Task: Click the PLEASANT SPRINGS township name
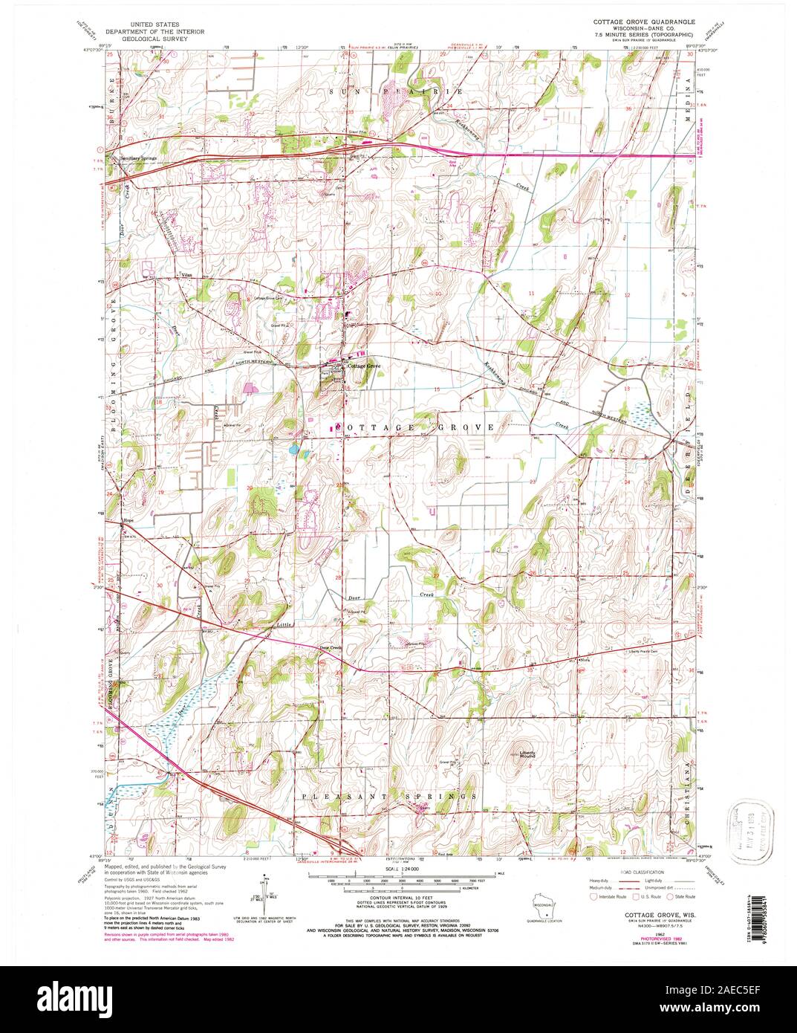390,796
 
